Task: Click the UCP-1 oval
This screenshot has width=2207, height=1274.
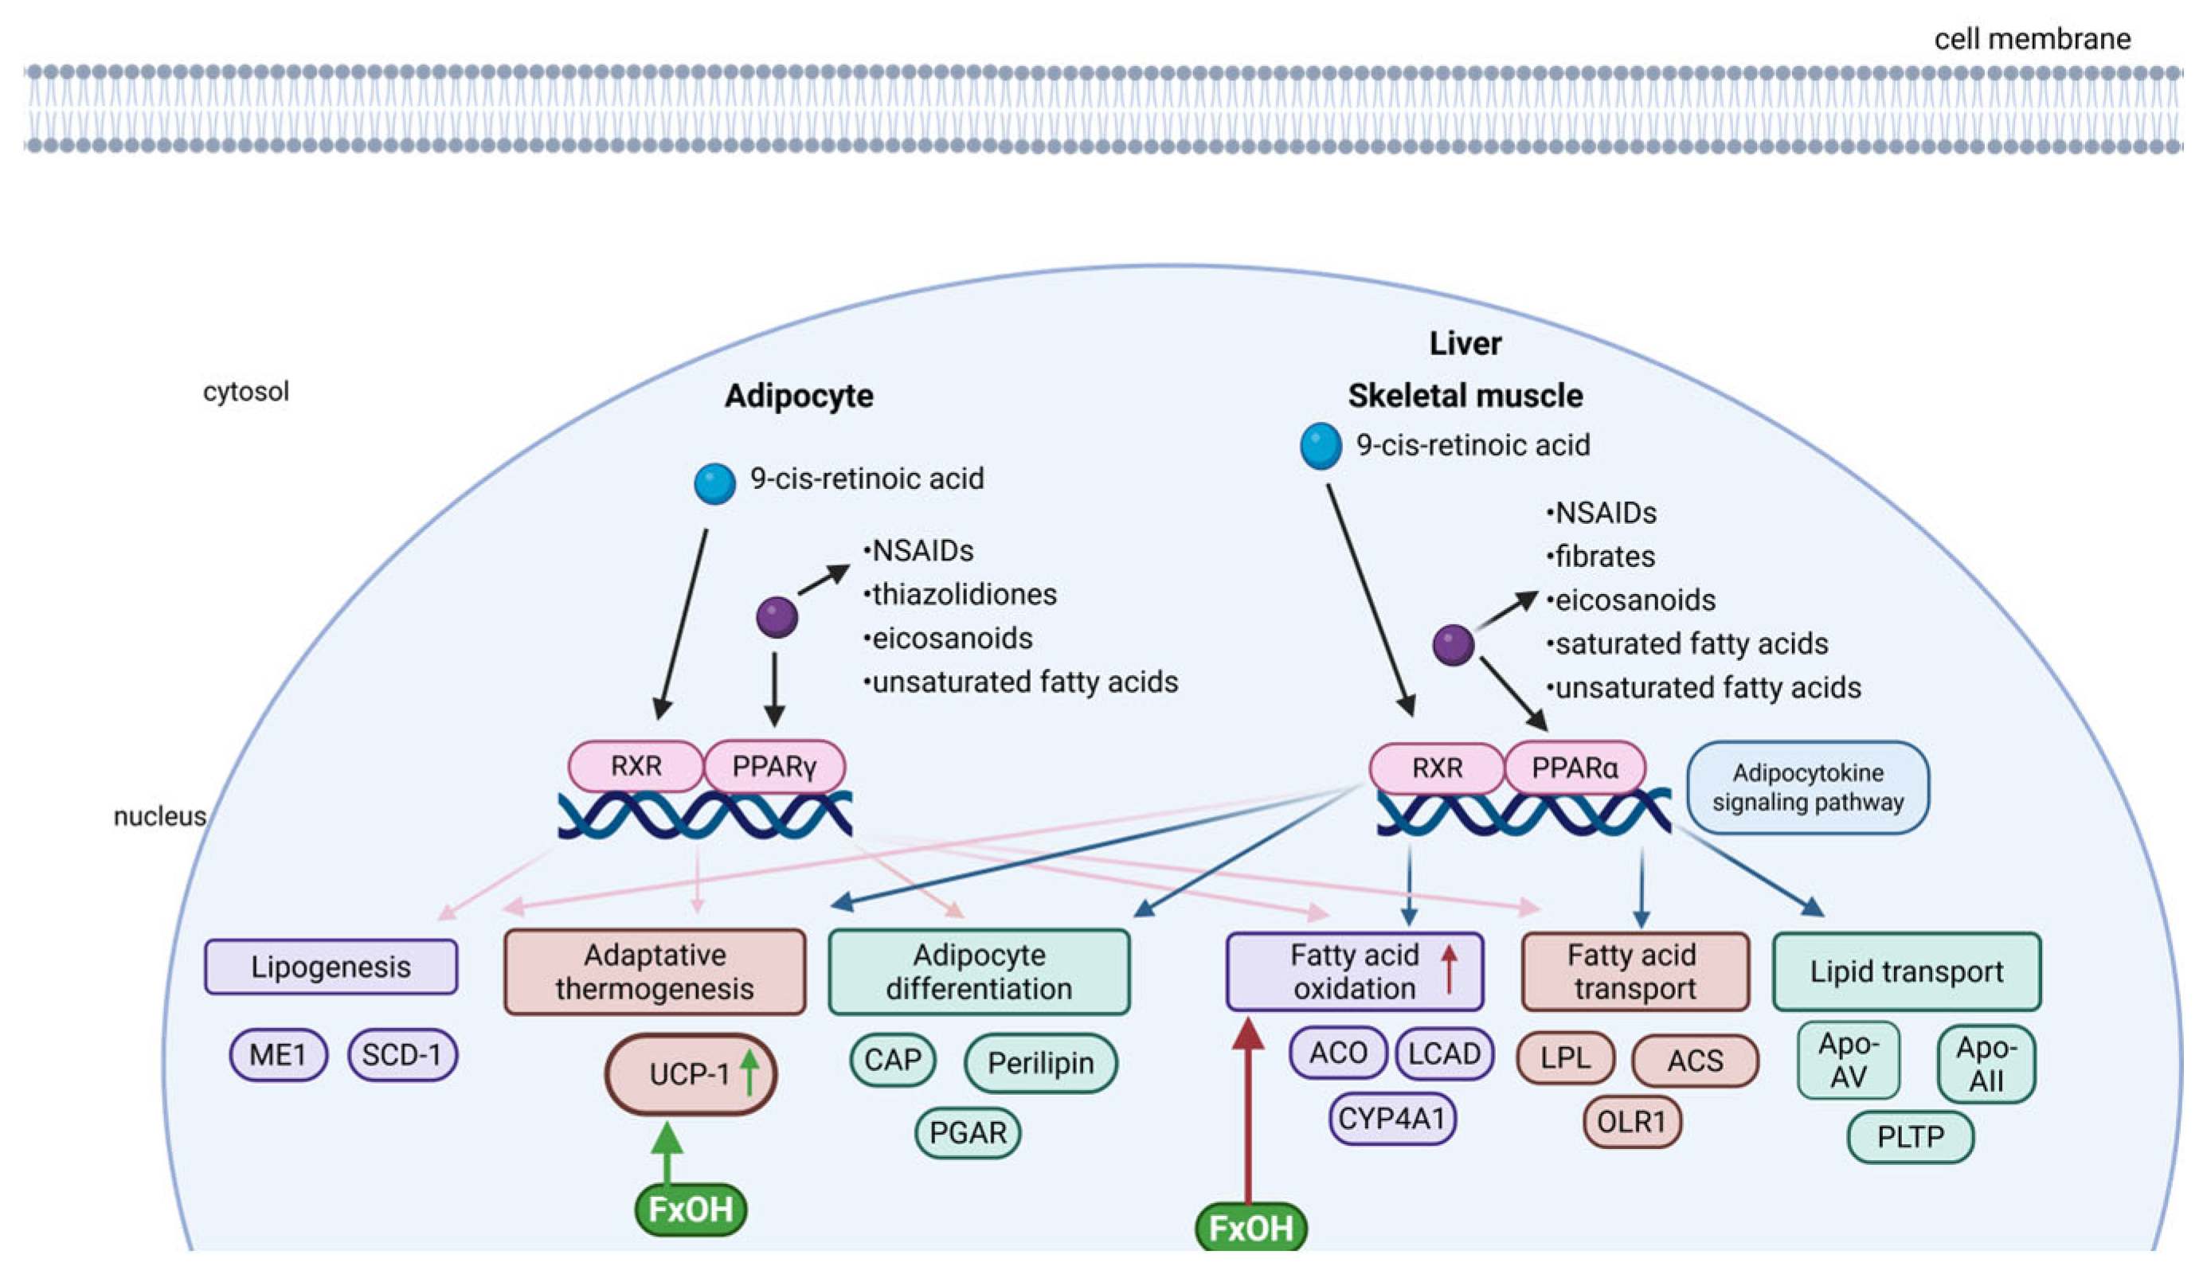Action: coord(691,1073)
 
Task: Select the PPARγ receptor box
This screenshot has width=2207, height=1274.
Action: coord(774,767)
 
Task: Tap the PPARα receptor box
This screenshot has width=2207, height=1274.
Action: coord(1575,768)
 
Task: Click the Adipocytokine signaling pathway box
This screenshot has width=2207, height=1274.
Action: coord(1807,787)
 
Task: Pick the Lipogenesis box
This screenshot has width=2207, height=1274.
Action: coord(331,967)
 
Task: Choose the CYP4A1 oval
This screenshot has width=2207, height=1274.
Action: coord(1391,1118)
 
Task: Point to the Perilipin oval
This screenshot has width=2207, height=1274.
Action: coord(1040,1063)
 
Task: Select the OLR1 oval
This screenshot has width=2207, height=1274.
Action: coord(1632,1121)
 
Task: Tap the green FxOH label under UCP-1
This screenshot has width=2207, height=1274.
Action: coord(691,1210)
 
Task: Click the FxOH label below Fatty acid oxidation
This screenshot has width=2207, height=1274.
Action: coord(1250,1228)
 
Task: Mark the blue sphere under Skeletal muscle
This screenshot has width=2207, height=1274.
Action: coord(1321,445)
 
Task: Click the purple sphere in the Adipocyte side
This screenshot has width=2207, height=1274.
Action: coord(777,617)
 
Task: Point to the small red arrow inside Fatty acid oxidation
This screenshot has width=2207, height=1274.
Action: coord(1449,970)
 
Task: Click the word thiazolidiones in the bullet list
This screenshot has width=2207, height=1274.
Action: coord(965,595)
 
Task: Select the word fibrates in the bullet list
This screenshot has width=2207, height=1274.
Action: coord(1605,557)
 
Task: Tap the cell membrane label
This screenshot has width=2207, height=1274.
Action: coord(2032,39)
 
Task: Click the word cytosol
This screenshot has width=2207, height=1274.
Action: coord(246,391)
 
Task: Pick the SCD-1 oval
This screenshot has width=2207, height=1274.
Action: coord(401,1054)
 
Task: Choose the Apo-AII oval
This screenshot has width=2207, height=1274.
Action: coord(1986,1064)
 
